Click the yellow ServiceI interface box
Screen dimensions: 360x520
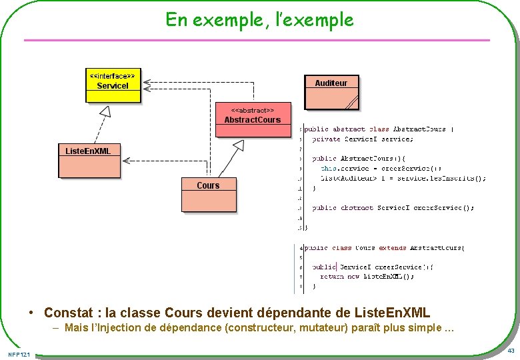point(113,86)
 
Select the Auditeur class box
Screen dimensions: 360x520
point(331,92)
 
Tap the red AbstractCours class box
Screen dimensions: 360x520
point(253,119)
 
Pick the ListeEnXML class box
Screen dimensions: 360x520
point(88,161)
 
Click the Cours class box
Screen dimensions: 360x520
point(208,193)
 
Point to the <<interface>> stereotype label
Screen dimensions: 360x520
point(113,77)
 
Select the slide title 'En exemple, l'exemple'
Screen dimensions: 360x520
point(259,20)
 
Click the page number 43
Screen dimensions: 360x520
point(511,351)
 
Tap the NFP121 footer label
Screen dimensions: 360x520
point(19,353)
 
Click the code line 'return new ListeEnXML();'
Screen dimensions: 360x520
point(367,276)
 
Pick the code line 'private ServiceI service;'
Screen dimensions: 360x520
point(363,139)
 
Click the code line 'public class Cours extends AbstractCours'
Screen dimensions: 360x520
point(385,248)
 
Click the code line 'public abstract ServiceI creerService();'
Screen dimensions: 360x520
point(393,208)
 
